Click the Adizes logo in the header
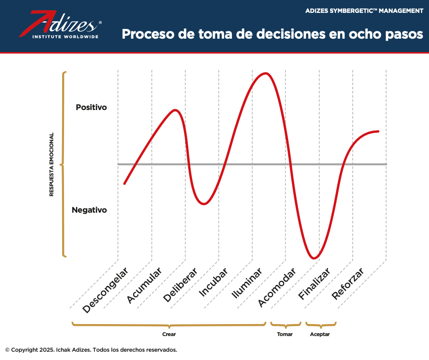tap(60, 25)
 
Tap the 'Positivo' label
tap(91, 107)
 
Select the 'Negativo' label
tap(89, 210)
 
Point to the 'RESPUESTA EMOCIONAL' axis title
tap(52, 164)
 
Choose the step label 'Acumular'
tap(144, 285)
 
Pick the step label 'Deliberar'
tap(180, 285)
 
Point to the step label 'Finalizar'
tap(315, 284)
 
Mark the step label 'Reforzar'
tap(348, 284)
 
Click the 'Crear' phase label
tap(169, 334)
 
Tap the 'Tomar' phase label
tap(285, 334)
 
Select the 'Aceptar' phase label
tap(320, 334)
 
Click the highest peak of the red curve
tap(265, 73)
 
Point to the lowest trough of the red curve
tap(314, 258)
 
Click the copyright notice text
tap(91, 350)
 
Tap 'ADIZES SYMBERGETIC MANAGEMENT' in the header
tap(364, 11)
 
